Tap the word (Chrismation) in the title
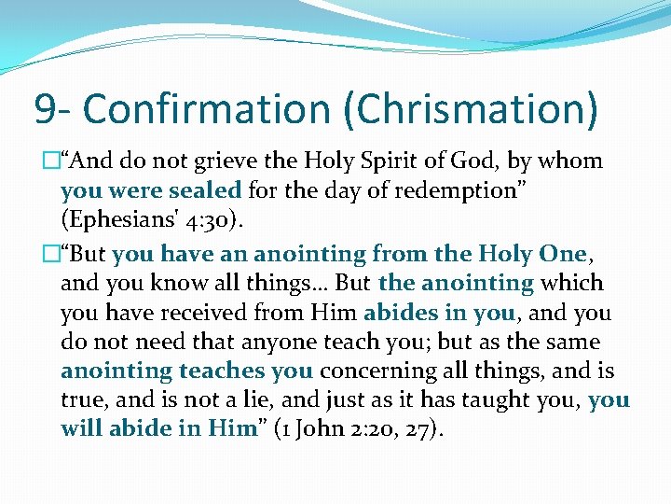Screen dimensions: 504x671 coord(471,109)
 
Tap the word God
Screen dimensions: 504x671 coord(477,161)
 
